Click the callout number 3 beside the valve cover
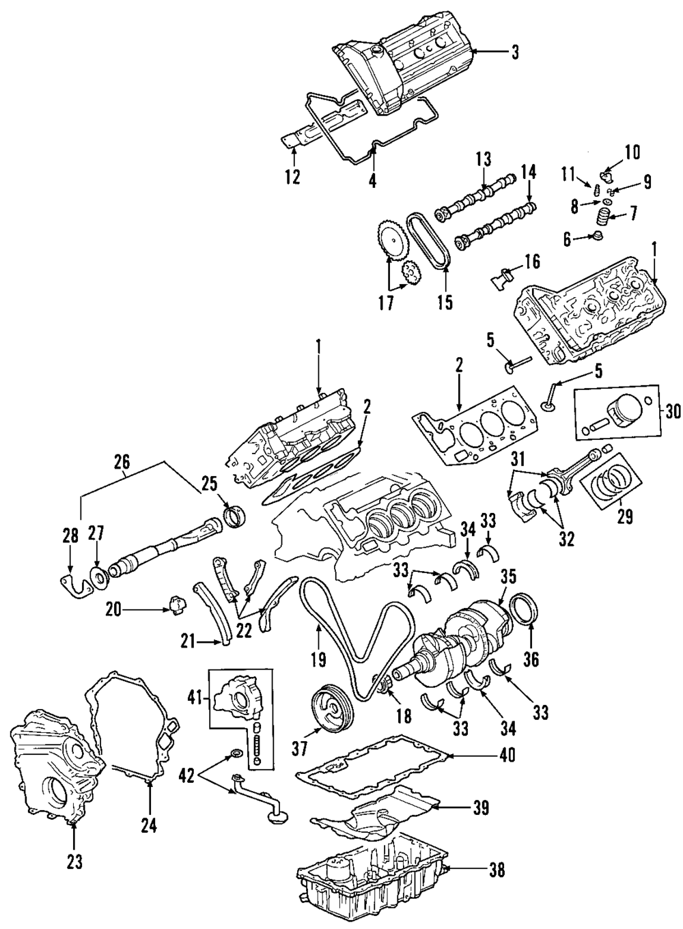514,53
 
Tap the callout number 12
292,178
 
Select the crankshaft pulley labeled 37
332,713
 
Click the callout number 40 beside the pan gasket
506,755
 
